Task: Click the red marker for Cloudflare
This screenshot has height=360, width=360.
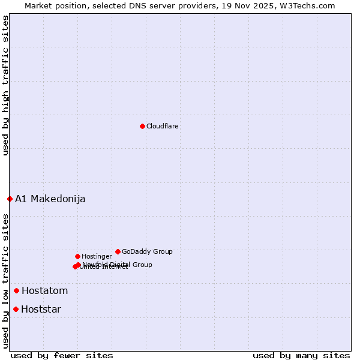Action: (x=142, y=126)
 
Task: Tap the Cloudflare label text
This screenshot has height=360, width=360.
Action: (x=163, y=126)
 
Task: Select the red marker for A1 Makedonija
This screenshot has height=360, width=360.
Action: (x=10, y=199)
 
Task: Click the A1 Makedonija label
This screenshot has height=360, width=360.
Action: (x=50, y=199)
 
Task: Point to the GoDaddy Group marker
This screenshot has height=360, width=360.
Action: (x=118, y=251)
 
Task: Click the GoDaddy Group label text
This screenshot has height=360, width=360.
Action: (x=147, y=251)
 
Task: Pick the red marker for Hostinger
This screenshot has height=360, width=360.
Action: (x=77, y=256)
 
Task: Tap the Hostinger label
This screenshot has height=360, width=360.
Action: (x=97, y=256)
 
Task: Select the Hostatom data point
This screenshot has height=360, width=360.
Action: (x=16, y=290)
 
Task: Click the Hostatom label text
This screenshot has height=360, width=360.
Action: (x=45, y=290)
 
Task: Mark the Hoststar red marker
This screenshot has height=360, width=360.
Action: (x=16, y=309)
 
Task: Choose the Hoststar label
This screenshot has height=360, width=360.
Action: (x=41, y=309)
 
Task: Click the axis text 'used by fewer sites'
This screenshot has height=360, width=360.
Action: (x=62, y=355)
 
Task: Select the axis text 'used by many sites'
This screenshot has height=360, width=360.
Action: (x=301, y=355)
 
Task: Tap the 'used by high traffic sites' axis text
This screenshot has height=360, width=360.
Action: (x=5, y=85)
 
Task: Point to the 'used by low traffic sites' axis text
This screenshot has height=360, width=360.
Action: (x=5, y=280)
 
